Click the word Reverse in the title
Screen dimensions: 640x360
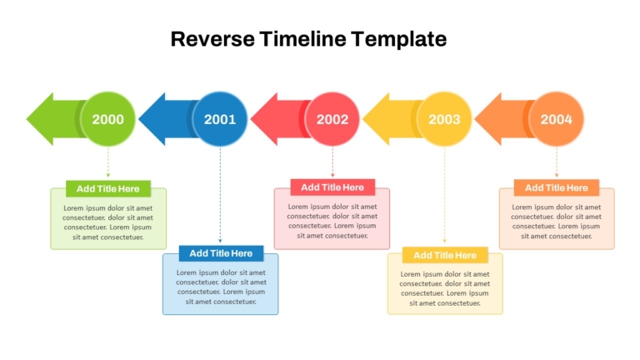[x=212, y=39]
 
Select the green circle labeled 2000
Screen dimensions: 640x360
[x=107, y=119]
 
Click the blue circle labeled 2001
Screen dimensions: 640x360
[x=220, y=119]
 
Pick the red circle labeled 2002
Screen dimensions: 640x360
[x=332, y=119]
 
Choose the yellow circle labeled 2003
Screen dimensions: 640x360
[x=444, y=119]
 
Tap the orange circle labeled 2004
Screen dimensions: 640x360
[x=557, y=119]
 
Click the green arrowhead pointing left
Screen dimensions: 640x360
[x=40, y=119]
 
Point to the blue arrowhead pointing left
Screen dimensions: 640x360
[x=152, y=119]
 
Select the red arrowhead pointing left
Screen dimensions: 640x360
[x=264, y=119]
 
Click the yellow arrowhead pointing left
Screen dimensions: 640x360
[x=376, y=119]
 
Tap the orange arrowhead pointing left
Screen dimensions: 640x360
[x=488, y=119]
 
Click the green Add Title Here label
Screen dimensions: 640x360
[x=108, y=188]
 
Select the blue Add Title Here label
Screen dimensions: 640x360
[x=221, y=253]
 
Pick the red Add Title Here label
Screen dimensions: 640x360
[x=332, y=187]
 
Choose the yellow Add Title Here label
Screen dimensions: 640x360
[x=445, y=255]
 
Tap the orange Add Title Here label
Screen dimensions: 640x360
[x=557, y=187]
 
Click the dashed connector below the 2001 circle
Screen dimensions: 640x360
[x=220, y=195]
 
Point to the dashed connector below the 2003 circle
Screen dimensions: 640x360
[x=444, y=195]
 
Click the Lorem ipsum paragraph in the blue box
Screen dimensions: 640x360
[x=221, y=287]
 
